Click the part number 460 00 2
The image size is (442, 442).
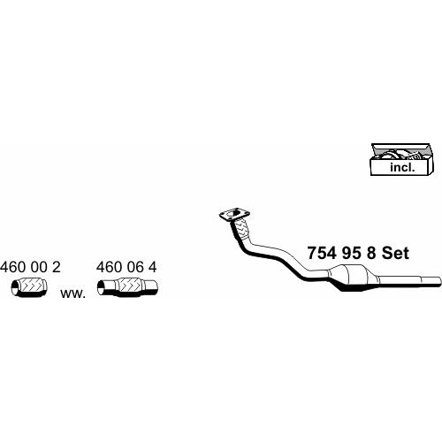[30, 267]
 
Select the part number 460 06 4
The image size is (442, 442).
[126, 267]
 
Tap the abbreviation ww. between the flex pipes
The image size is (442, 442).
[72, 293]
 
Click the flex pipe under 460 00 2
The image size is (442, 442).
[29, 287]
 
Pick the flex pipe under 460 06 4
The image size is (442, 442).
[127, 287]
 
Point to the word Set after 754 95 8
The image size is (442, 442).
[395, 253]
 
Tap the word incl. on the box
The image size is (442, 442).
[402, 167]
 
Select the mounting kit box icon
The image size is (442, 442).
[402, 159]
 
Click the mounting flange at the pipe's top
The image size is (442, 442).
[234, 214]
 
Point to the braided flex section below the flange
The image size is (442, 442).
[241, 229]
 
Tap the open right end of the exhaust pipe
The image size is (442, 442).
[439, 281]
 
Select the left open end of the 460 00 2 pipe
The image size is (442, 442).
[15, 288]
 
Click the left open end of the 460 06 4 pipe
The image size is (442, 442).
[101, 287]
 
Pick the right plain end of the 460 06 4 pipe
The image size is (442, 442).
[152, 287]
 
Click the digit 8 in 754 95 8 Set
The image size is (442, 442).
[371, 253]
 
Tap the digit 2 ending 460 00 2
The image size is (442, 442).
[57, 267]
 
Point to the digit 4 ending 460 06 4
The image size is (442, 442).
[152, 267]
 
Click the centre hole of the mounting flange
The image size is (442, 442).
[235, 213]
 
